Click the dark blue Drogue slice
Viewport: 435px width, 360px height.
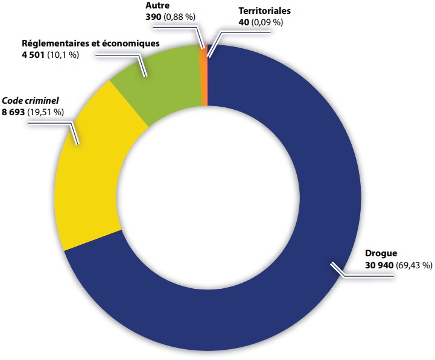[x=302, y=271]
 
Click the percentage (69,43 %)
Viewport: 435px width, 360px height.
[x=414, y=265]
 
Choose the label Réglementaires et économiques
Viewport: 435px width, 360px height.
[x=90, y=44]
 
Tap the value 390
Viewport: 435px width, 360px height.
[x=153, y=17]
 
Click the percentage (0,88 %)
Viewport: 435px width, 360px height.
[x=180, y=17]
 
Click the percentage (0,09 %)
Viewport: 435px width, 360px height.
[x=265, y=22]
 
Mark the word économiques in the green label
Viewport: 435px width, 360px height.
[x=133, y=44]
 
